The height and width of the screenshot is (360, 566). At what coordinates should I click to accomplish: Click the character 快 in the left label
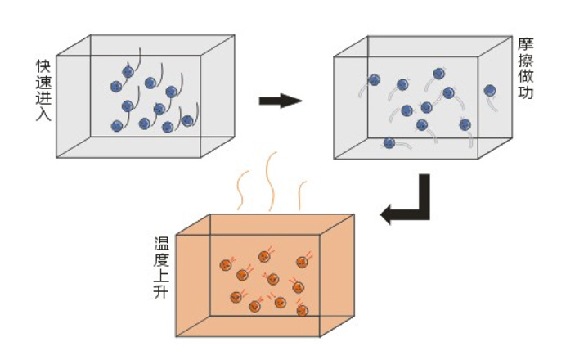click(43, 66)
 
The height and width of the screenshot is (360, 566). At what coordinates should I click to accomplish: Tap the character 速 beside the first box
click(43, 83)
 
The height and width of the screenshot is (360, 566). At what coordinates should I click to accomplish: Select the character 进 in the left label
click(43, 99)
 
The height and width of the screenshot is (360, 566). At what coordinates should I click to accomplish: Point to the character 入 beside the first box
click(43, 115)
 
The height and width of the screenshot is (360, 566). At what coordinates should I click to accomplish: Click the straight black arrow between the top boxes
click(280, 101)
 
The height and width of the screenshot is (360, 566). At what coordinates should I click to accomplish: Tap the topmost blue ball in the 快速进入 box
click(128, 72)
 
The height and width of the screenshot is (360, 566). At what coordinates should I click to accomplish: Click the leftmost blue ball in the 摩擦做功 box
click(374, 80)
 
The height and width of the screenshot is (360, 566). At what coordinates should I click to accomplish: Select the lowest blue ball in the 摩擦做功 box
click(389, 143)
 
